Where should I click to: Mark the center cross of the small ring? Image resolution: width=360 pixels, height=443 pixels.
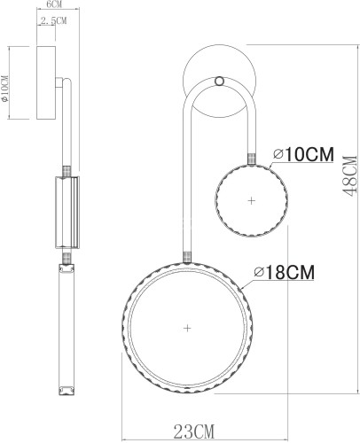(252, 201)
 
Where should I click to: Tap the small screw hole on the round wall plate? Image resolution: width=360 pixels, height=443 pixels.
(221, 83)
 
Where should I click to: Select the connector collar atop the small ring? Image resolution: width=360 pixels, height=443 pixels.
(252, 158)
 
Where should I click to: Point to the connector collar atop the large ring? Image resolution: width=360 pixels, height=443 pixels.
(186, 258)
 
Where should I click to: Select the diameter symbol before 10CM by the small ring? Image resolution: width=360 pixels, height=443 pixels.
(278, 155)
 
